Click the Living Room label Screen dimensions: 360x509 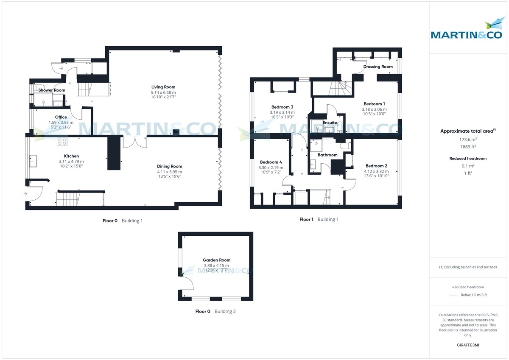tap(163, 87)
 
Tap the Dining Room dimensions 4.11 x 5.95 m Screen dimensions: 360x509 tap(170, 172)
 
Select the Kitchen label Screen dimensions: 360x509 tap(71, 156)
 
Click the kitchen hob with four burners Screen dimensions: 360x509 tap(62, 142)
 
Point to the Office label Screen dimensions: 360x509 tap(61, 117)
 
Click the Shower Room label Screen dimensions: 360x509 tap(52, 90)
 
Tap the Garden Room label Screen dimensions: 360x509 tap(216, 260)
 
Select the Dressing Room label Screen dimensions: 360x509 tap(378, 67)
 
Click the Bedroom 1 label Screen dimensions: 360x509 tap(374, 104)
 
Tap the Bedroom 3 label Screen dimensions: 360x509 tap(282, 107)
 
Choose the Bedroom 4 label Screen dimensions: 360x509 tap(271, 162)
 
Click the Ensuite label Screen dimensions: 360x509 tap(330, 123)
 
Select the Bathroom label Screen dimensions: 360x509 tap(327, 155)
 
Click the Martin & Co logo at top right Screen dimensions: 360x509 tap(467, 30)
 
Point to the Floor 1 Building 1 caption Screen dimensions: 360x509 tap(319, 219)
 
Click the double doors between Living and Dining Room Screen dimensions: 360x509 tap(135, 142)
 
